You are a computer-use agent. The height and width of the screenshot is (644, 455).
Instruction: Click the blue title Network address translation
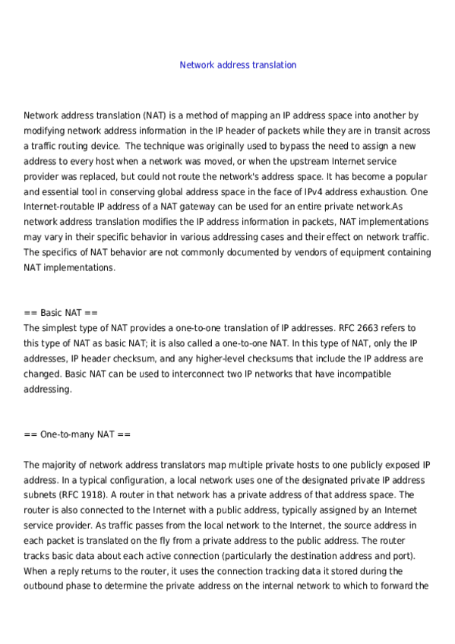click(238, 65)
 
